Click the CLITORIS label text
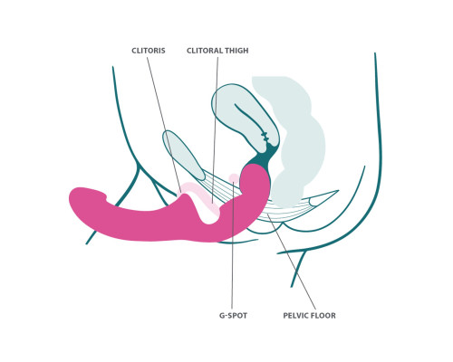point(149,51)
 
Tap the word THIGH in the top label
point(236,51)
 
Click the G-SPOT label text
point(233,316)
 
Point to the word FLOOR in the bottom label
point(323,316)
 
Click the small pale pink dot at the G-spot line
point(234,178)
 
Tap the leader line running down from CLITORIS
point(164,125)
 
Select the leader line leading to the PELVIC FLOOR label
point(291,262)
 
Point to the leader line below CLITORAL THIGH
point(215,129)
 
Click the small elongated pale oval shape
point(183,155)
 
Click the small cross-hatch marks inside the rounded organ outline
point(265,137)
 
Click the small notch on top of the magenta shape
point(106,197)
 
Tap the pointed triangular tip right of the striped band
point(336,191)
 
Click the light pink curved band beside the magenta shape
point(198,196)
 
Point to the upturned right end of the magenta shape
point(255,181)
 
